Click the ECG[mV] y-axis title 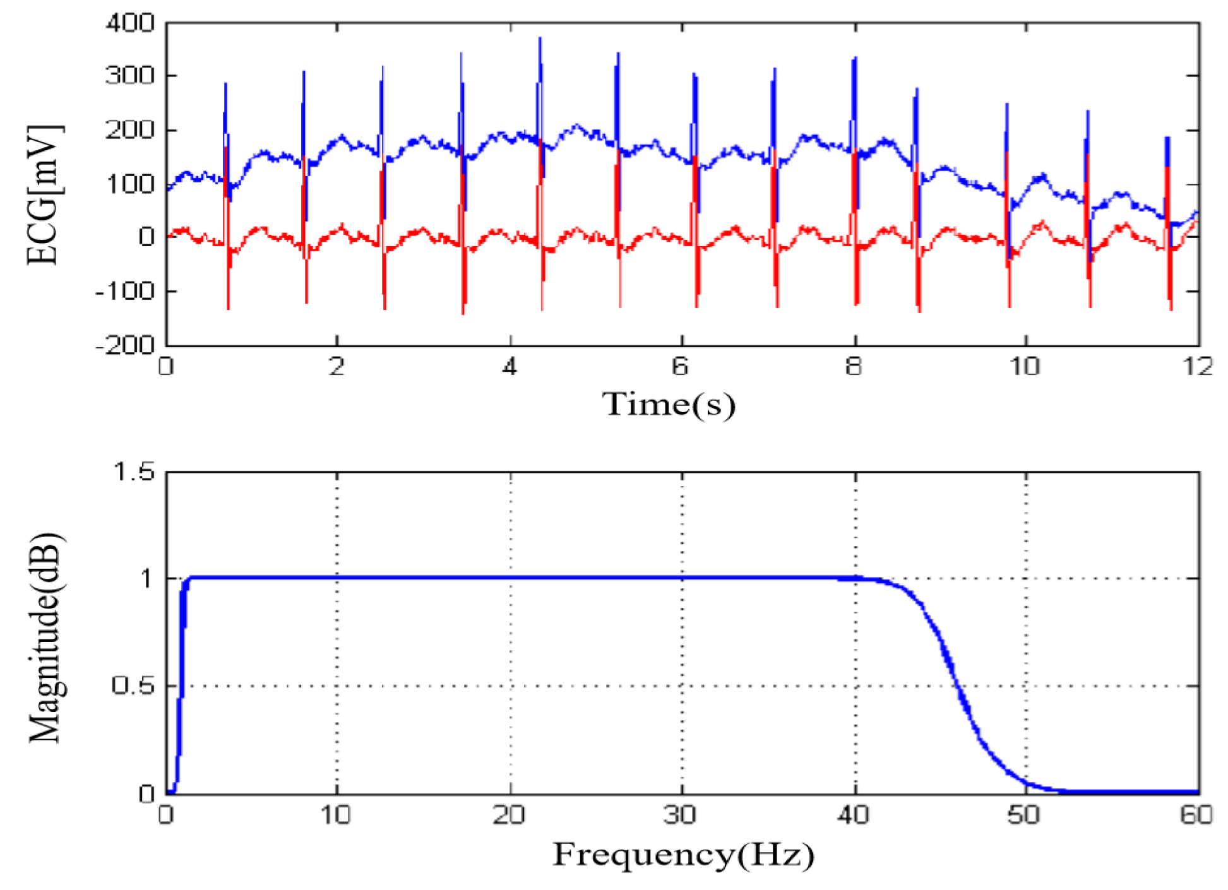(x=44, y=195)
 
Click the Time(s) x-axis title (x=669, y=404)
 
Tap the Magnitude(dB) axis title (x=45, y=638)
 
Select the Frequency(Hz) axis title (x=683, y=855)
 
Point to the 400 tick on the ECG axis (x=130, y=23)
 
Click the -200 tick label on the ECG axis (x=125, y=345)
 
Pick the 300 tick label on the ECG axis (x=130, y=76)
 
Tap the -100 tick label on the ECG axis (x=125, y=291)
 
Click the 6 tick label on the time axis (x=680, y=367)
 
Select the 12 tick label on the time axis (x=1198, y=367)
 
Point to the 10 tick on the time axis (x=1025, y=367)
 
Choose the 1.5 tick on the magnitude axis (x=133, y=472)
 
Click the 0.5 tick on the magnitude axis (x=133, y=685)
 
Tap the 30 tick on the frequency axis (x=680, y=816)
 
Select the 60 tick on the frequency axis (x=1196, y=816)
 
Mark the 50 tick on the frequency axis (x=1023, y=816)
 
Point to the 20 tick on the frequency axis (x=509, y=816)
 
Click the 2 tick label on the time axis (x=337, y=367)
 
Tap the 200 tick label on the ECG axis (x=130, y=130)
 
